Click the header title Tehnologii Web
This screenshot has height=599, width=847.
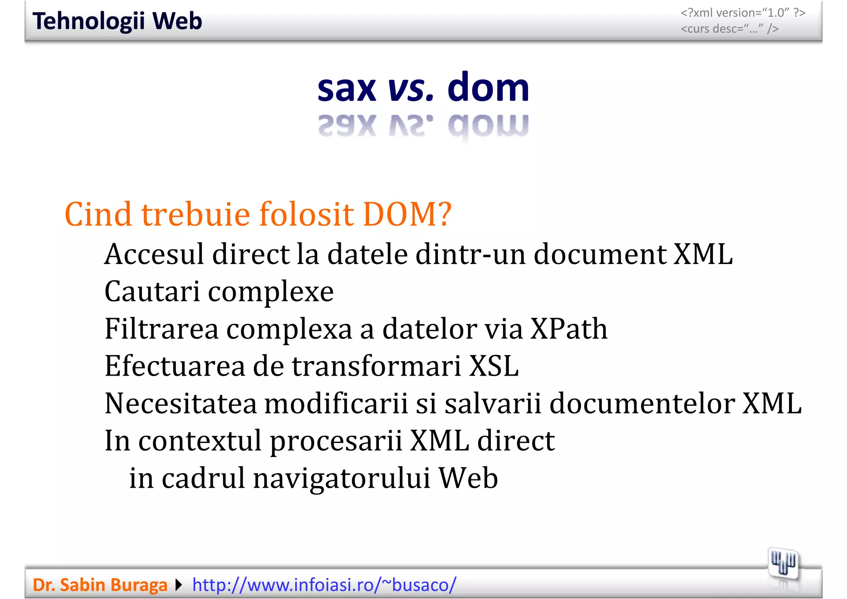click(x=117, y=21)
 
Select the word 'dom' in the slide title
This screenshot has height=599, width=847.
click(x=488, y=88)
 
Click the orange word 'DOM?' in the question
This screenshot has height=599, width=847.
click(x=407, y=214)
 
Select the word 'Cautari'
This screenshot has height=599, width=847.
click(x=152, y=291)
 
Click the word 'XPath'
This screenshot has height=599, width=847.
click(x=569, y=329)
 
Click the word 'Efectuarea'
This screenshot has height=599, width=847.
click(x=175, y=366)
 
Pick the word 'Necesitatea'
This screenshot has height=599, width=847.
click(x=180, y=403)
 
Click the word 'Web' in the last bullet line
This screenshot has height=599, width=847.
click(x=468, y=478)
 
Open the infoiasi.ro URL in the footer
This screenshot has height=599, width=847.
click(x=324, y=585)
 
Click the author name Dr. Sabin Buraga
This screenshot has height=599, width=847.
click(x=100, y=585)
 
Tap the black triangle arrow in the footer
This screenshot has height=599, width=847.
click(x=179, y=585)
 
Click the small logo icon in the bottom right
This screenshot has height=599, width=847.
click(x=783, y=563)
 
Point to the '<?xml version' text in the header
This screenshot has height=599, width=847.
click(x=743, y=13)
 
